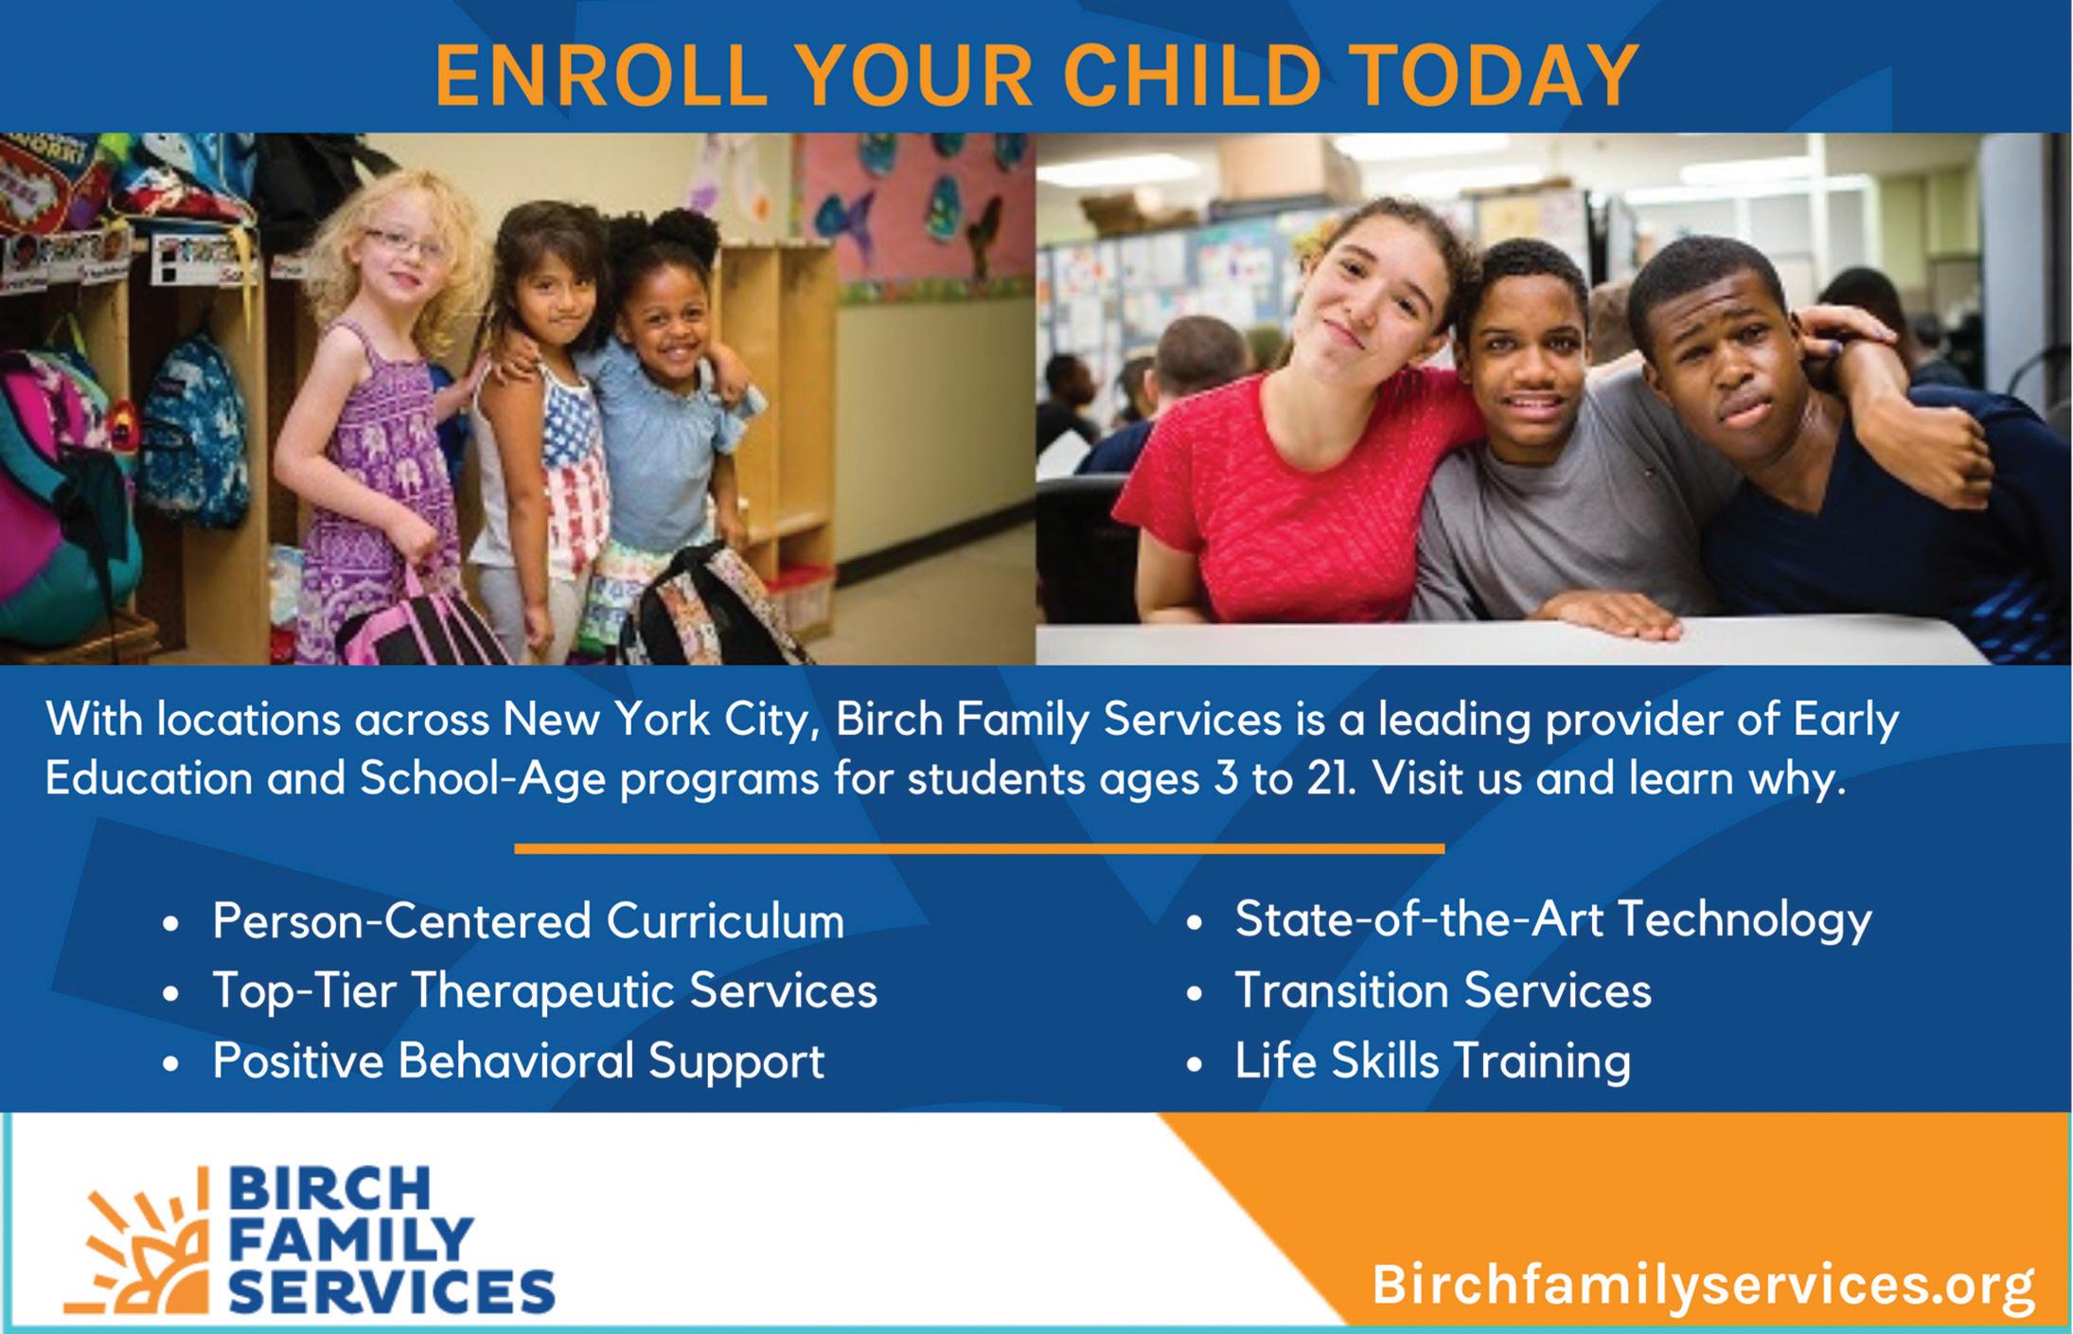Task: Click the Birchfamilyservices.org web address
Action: pyautogui.click(x=1703, y=1285)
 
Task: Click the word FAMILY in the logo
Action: pyautogui.click(x=350, y=1239)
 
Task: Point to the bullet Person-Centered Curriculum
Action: pyautogui.click(x=528, y=921)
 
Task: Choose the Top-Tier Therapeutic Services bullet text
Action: pyautogui.click(x=544, y=991)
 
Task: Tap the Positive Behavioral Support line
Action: pyautogui.click(x=518, y=1060)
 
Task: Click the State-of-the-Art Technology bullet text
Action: pyautogui.click(x=1552, y=919)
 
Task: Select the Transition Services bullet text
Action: pyautogui.click(x=1443, y=990)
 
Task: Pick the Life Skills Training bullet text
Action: pyautogui.click(x=1432, y=1060)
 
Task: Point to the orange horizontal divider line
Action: pyautogui.click(x=979, y=848)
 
